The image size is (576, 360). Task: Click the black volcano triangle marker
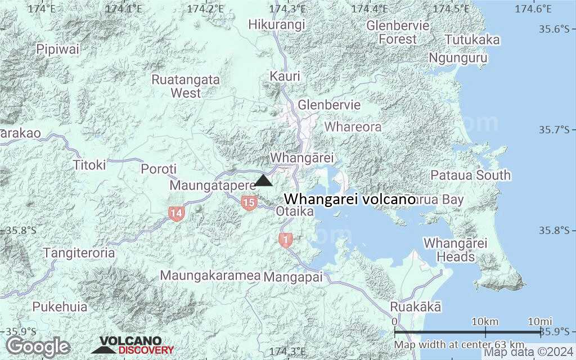pyautogui.click(x=264, y=181)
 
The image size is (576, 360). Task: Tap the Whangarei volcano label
pyautogui.click(x=349, y=199)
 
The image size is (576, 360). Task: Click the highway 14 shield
pyautogui.click(x=177, y=213)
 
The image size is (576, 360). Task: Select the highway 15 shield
pyautogui.click(x=249, y=202)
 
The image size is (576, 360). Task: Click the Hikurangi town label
pyautogui.click(x=277, y=25)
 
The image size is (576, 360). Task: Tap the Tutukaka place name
pyautogui.click(x=472, y=40)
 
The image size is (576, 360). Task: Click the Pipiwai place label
pyautogui.click(x=58, y=49)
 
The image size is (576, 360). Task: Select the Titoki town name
pyautogui.click(x=89, y=165)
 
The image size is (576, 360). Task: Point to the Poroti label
pyautogui.click(x=159, y=169)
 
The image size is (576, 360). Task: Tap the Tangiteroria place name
pyautogui.click(x=79, y=253)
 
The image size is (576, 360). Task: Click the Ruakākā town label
pyautogui.click(x=416, y=307)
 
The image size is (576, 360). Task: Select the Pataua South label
pyautogui.click(x=470, y=175)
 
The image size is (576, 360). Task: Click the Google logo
pyautogui.click(x=38, y=346)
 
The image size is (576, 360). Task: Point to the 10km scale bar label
pyautogui.click(x=485, y=321)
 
